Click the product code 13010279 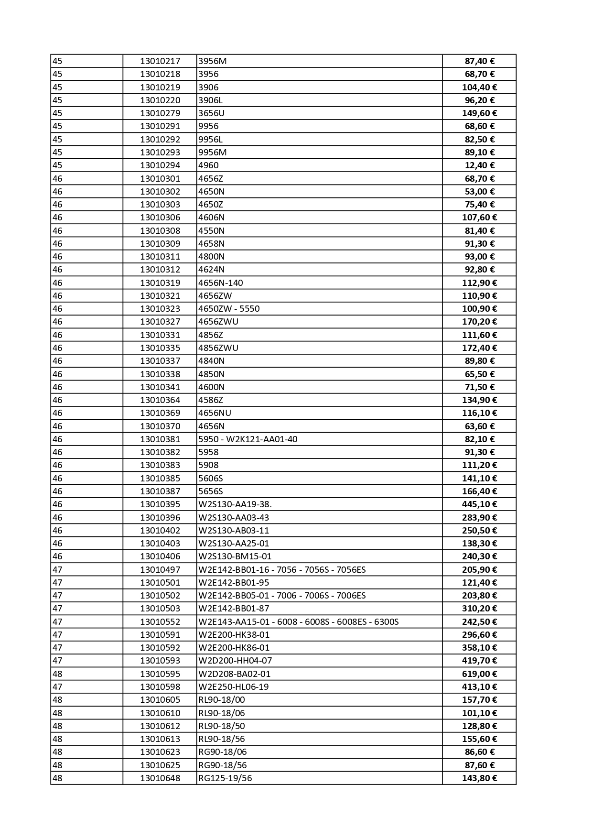[x=160, y=113]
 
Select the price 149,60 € [x=479, y=113]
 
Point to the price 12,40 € [x=479, y=165]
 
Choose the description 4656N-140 [x=221, y=283]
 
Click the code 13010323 [x=160, y=309]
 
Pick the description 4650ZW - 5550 [x=229, y=309]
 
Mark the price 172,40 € [x=479, y=348]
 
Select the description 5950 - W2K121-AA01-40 [x=248, y=439]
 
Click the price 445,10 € [x=479, y=504]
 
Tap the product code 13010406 [x=160, y=556]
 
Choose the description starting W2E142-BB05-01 [x=282, y=596]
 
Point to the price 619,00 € [x=479, y=674]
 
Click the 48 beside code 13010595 [x=57, y=674]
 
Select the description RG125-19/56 [x=225, y=778]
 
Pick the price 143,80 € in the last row [x=479, y=778]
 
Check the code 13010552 [x=160, y=621]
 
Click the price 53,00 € [x=479, y=191]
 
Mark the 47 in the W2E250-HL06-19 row [x=57, y=687]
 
